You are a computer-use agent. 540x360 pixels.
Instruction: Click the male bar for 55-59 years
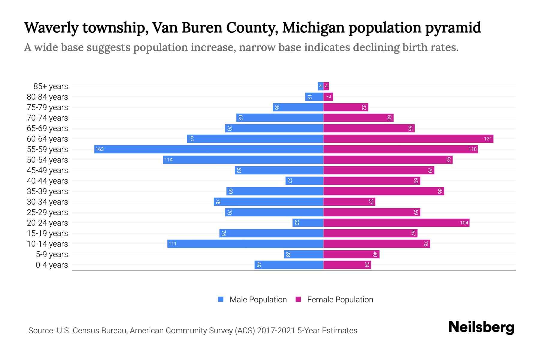[x=208, y=149]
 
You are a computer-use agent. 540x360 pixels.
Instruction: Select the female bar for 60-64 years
[x=408, y=139]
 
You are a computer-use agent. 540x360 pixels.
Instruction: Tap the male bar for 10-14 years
[x=245, y=244]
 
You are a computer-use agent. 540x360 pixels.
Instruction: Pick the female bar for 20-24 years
[x=396, y=223]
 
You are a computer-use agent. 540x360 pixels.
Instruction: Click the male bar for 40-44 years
[x=304, y=181]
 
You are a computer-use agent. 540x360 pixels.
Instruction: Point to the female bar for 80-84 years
[x=328, y=97]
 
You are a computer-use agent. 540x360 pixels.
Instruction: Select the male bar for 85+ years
[x=320, y=86]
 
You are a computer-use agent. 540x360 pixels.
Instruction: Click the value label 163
[x=100, y=149]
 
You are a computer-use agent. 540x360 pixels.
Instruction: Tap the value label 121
[x=488, y=139]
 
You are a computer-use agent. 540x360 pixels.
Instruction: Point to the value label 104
[x=464, y=223]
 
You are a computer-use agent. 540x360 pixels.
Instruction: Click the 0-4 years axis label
[x=52, y=265]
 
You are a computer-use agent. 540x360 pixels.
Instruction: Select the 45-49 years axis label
[x=47, y=170]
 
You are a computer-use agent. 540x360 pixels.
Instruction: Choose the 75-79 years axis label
[x=47, y=107]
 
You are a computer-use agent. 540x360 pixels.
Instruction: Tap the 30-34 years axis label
[x=47, y=202]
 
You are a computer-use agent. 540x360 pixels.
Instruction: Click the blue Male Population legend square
[x=221, y=299]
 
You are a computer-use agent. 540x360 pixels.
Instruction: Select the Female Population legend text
[x=340, y=299]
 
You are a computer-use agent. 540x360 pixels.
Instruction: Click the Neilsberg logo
[x=481, y=327]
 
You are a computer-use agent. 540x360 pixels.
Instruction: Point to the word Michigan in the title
[x=313, y=28]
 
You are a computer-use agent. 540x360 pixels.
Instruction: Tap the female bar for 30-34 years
[x=349, y=202]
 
